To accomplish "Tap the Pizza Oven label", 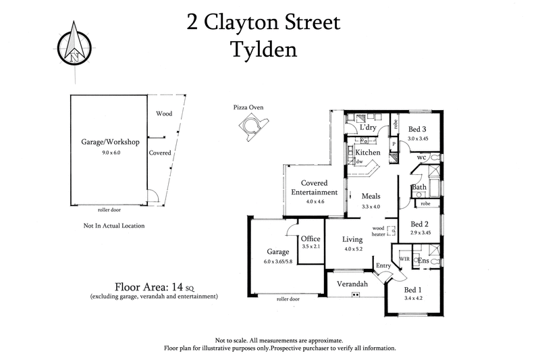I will (x=248, y=107).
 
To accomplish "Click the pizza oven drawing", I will (x=254, y=127).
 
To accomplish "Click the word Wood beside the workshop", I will (x=164, y=113).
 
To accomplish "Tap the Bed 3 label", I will (x=417, y=129).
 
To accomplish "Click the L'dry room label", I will (x=368, y=128).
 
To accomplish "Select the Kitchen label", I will (x=368, y=153).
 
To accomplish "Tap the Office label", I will (x=310, y=238).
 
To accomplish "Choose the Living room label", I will (x=352, y=239).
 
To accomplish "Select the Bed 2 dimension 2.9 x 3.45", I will (x=421, y=233).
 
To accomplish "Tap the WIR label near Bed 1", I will (x=405, y=257).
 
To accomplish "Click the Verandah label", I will (x=353, y=284).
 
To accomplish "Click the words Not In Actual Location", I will (x=113, y=226).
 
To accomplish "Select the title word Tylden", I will (x=264, y=49).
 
